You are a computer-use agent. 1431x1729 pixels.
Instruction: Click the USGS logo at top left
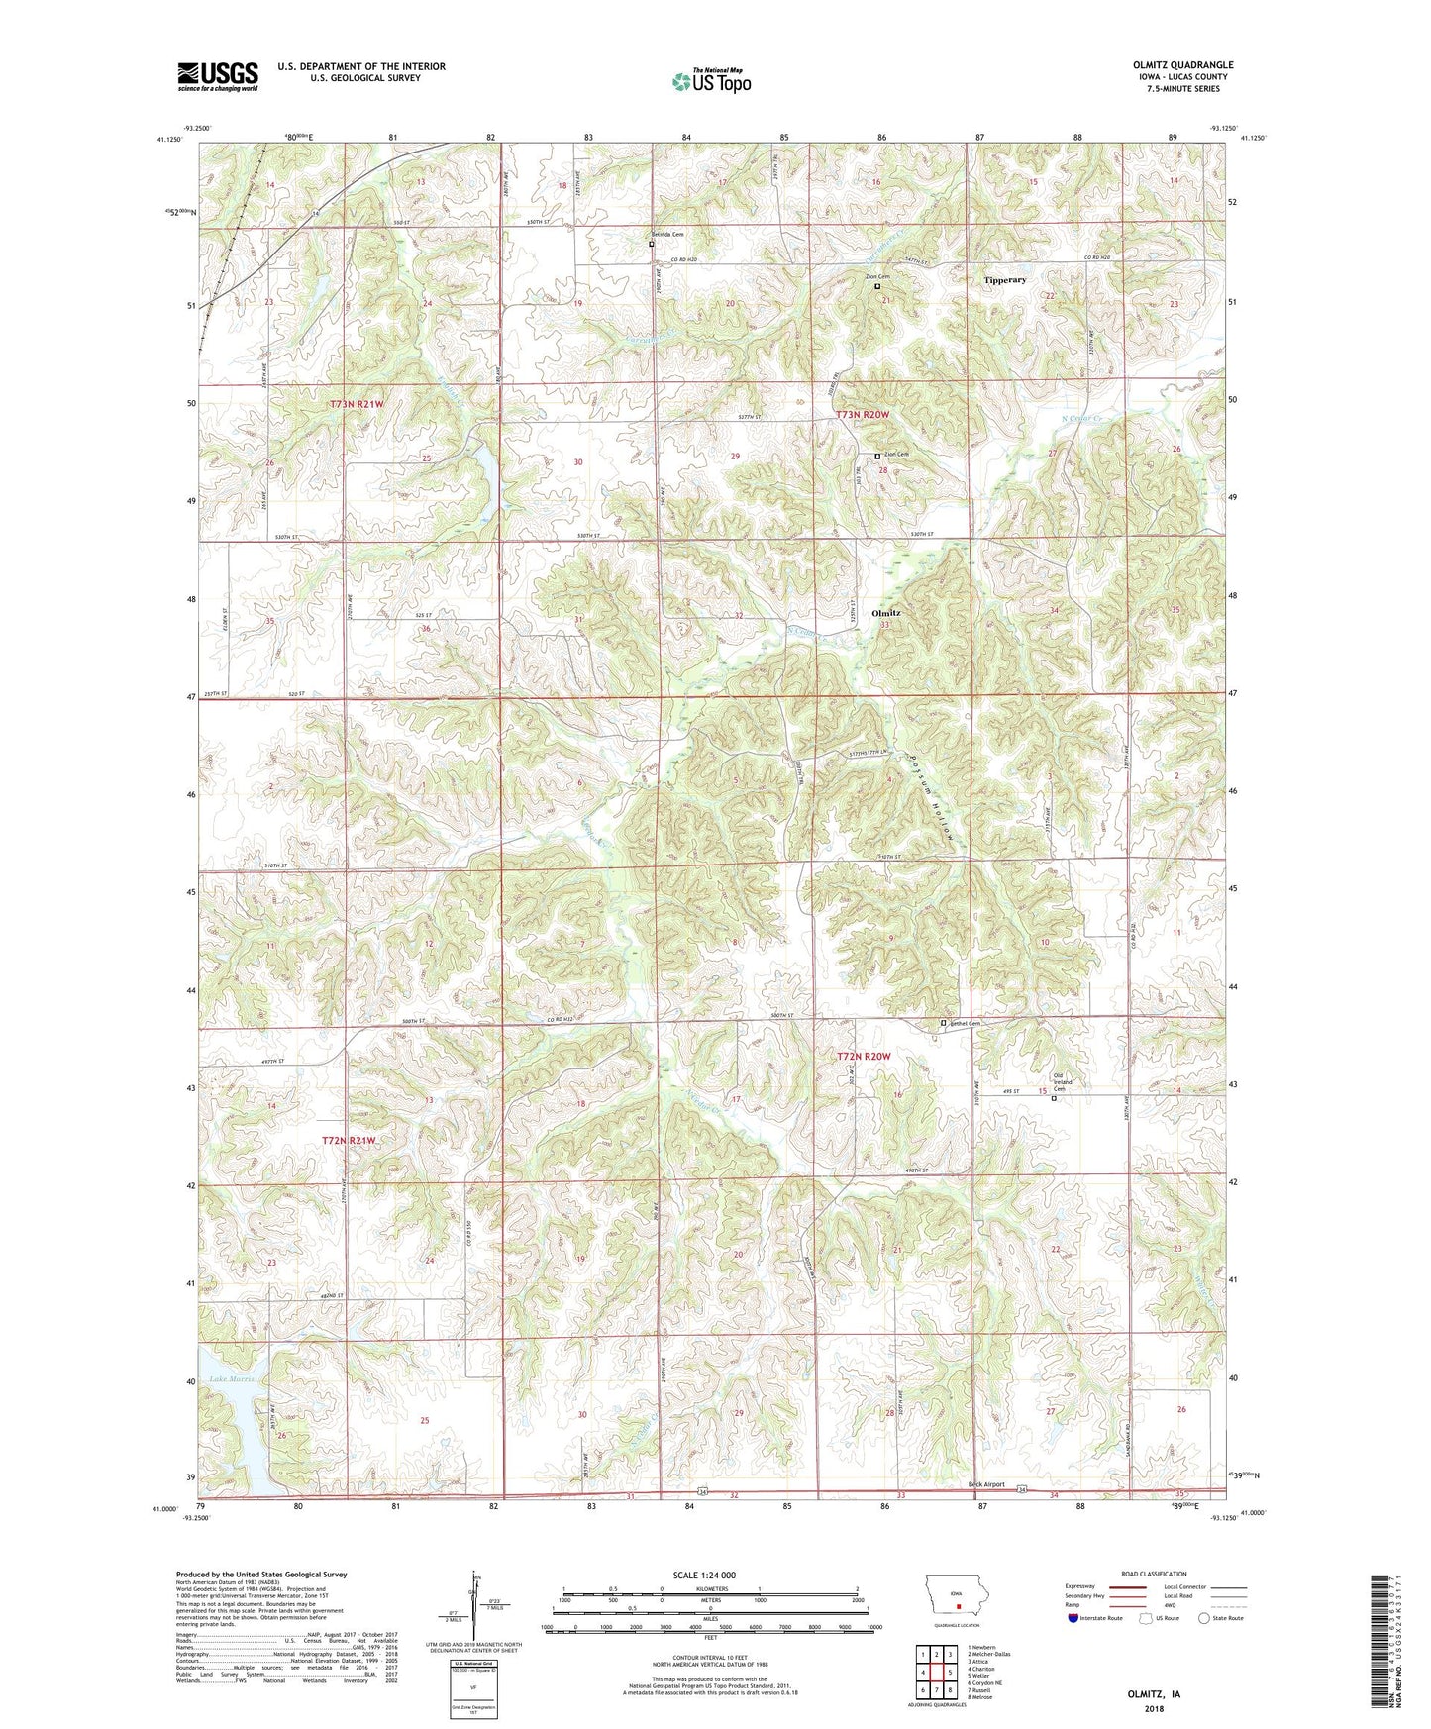(218, 76)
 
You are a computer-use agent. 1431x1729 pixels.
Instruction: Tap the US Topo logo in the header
(711, 82)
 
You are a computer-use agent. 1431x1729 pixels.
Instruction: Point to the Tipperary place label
(1005, 280)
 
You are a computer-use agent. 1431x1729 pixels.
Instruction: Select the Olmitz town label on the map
(885, 613)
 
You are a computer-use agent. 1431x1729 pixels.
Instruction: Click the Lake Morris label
(232, 1379)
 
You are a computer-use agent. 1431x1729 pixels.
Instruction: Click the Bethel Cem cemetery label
(967, 1023)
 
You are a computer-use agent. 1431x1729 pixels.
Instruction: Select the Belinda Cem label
(670, 235)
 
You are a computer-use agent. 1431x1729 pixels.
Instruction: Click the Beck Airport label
(985, 1484)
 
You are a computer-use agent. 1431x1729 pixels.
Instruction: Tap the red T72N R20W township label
(865, 1057)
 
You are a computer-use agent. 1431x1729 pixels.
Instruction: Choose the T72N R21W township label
(350, 1141)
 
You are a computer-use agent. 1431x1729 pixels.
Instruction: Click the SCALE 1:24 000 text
(704, 1575)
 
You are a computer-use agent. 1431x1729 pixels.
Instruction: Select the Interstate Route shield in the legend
(1074, 1618)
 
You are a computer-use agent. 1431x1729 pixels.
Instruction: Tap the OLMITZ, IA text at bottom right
(1154, 1694)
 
